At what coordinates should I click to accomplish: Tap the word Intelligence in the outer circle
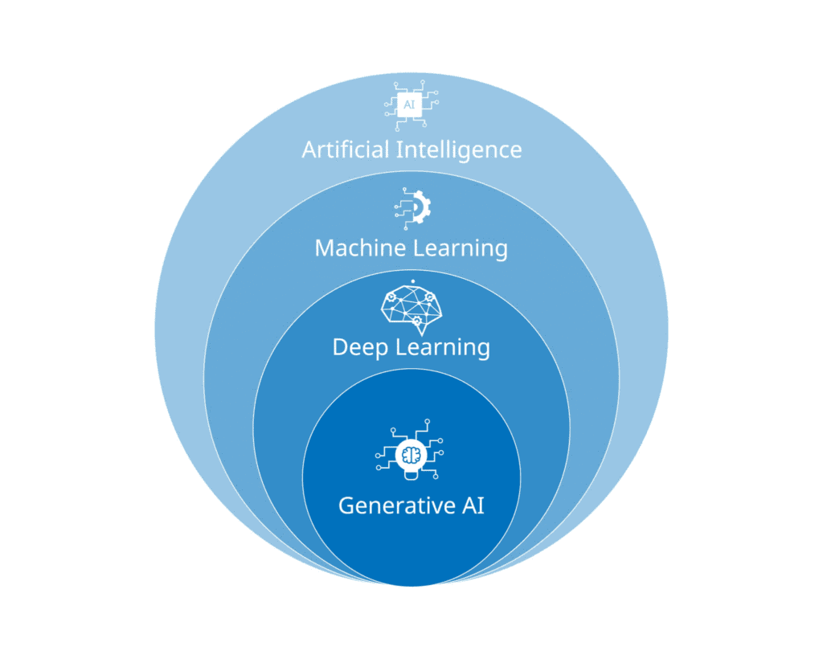(464, 149)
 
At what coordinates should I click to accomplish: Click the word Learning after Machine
(461, 248)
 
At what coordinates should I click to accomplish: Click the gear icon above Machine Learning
(413, 207)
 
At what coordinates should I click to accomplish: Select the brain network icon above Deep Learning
(411, 309)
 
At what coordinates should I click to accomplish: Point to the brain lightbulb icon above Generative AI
(411, 455)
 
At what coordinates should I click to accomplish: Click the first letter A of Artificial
(309, 149)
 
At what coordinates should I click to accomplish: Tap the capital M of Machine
(325, 248)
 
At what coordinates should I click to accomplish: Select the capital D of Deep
(340, 347)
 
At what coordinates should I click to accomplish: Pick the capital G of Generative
(347, 506)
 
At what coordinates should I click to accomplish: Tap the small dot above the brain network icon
(411, 281)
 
